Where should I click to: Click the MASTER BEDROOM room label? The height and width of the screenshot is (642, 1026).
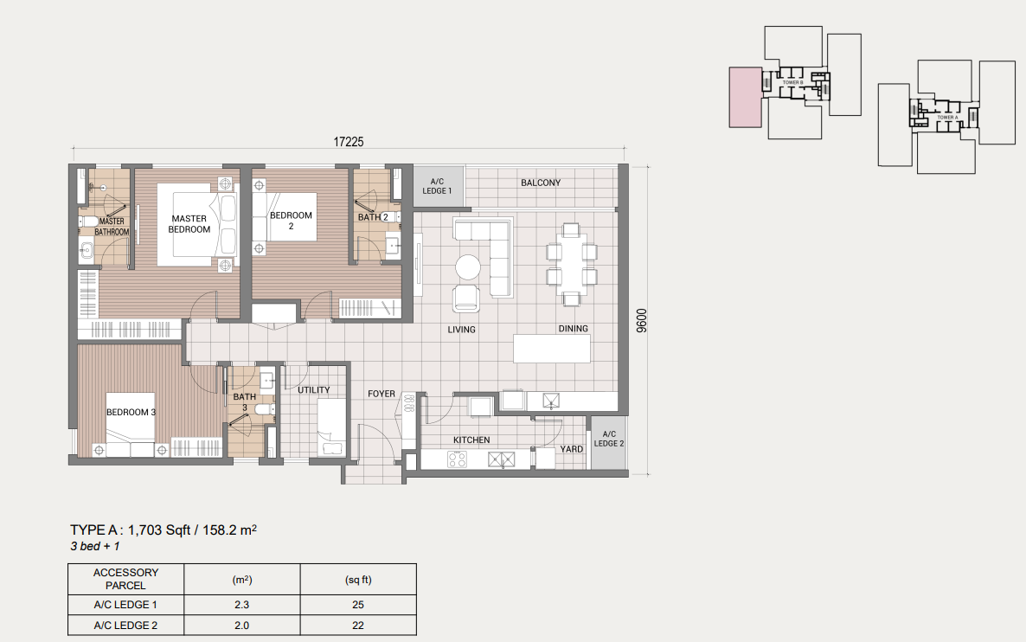pyautogui.click(x=190, y=224)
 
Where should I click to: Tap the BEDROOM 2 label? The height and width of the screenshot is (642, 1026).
pyautogui.click(x=291, y=221)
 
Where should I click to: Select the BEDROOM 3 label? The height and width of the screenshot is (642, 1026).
pyautogui.click(x=131, y=412)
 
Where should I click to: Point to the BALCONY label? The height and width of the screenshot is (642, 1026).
pyautogui.click(x=541, y=183)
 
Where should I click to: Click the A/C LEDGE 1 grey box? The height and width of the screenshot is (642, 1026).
pyautogui.click(x=437, y=185)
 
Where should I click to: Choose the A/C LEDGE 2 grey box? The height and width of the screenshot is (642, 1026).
pyautogui.click(x=608, y=439)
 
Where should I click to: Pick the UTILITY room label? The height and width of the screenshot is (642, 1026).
pyautogui.click(x=314, y=390)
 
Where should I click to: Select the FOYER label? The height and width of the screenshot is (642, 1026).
pyautogui.click(x=382, y=394)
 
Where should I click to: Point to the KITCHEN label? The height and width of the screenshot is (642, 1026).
pyautogui.click(x=471, y=440)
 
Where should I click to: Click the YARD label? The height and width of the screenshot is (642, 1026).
pyautogui.click(x=571, y=449)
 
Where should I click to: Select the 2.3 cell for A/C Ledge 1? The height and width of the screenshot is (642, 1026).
pyautogui.click(x=242, y=603)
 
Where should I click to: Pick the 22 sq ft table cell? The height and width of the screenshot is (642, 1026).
pyautogui.click(x=357, y=626)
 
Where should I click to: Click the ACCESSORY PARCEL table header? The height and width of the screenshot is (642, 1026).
pyautogui.click(x=125, y=579)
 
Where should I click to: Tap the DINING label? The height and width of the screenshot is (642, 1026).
pyautogui.click(x=573, y=329)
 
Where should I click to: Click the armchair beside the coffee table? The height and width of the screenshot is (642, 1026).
pyautogui.click(x=466, y=299)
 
